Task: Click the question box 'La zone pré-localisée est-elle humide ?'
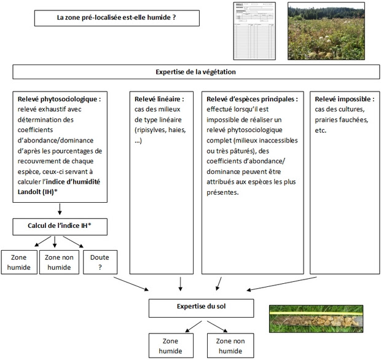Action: coord(116,18)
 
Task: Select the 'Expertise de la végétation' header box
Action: coord(191,72)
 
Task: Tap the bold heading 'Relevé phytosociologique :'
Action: coord(59,98)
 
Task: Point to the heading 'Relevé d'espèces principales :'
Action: coord(252,98)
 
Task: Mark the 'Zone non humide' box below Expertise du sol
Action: coord(229,345)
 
